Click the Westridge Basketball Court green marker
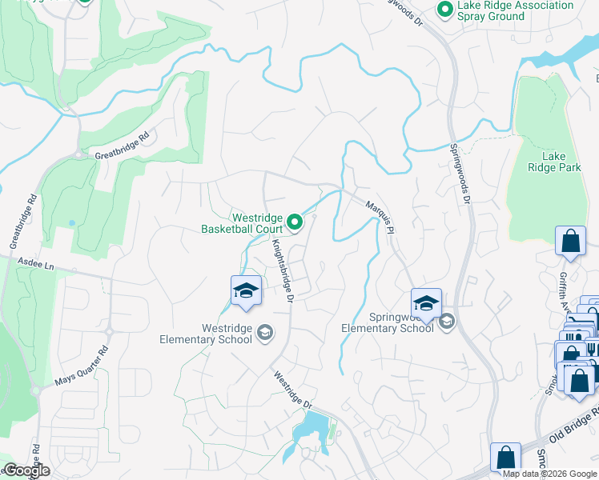tap(295, 223)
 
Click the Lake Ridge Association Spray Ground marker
tap(444, 10)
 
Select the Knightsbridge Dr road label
tap(283, 270)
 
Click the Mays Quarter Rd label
tap(81, 364)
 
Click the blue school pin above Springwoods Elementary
tap(427, 302)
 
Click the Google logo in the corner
tap(26, 470)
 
